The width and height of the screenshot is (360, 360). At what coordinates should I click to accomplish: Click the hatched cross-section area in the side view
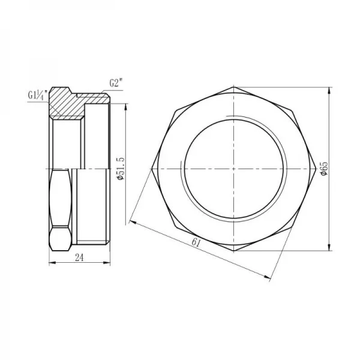coord(65,104)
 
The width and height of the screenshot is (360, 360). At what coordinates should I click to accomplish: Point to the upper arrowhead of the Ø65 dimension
coord(329,92)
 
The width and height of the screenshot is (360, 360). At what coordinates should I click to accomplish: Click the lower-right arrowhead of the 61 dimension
coord(268,275)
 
